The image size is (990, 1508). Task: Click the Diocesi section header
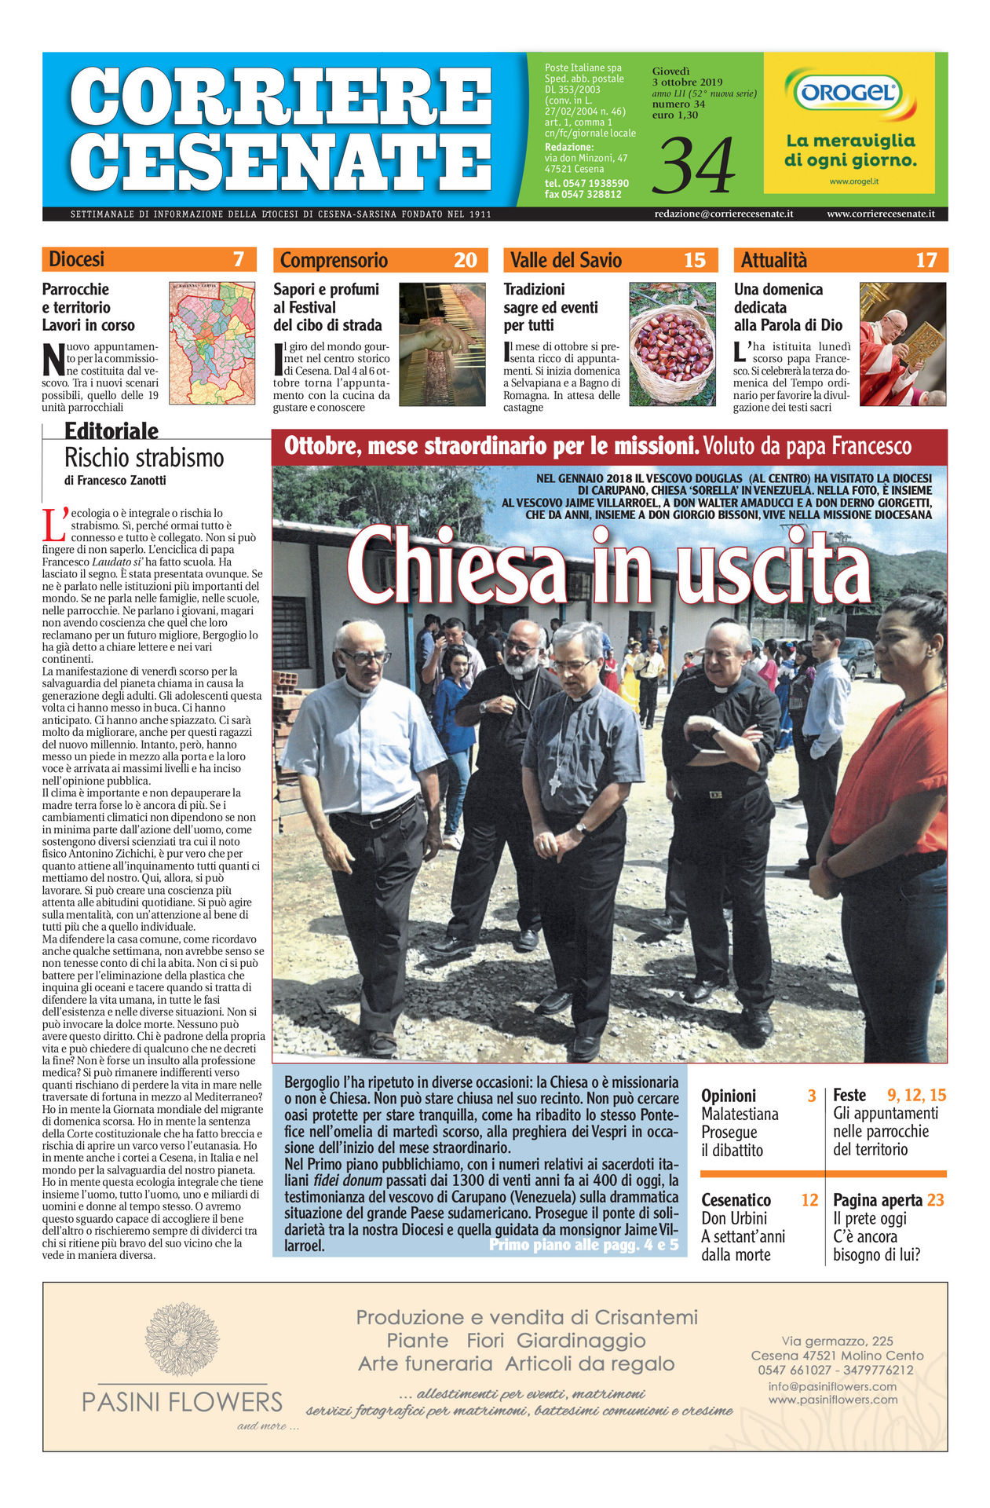tap(76, 259)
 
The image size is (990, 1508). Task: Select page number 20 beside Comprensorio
tap(465, 260)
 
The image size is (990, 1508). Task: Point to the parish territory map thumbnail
tap(212, 343)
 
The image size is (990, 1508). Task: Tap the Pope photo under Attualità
tap(902, 344)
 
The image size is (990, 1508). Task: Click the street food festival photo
tap(442, 344)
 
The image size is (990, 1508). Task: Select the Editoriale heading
tap(111, 430)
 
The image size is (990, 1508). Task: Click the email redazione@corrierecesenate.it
tap(723, 214)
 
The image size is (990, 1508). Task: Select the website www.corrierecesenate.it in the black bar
tap(880, 214)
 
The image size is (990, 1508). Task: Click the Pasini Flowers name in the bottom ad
tap(182, 1401)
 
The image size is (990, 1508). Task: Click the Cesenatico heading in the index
tap(736, 1200)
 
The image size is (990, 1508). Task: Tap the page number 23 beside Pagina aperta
tap(935, 1200)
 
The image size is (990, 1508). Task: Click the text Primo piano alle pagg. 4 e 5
tap(583, 1245)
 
